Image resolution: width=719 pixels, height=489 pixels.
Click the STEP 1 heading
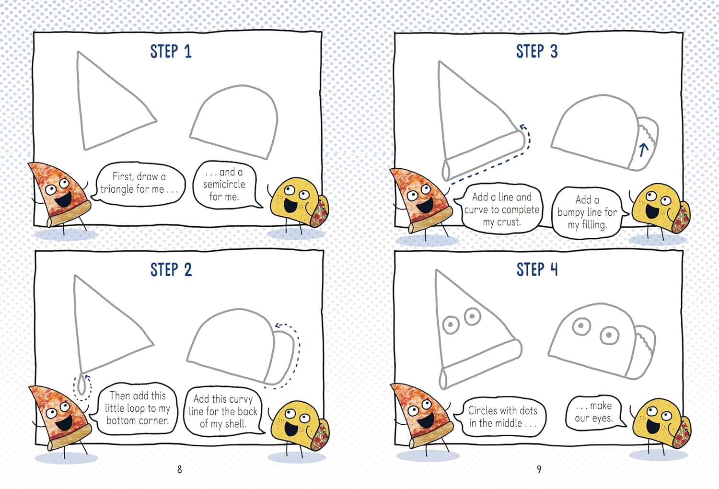click(x=171, y=51)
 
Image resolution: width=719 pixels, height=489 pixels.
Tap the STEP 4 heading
click(x=537, y=269)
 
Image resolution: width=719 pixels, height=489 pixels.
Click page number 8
click(x=179, y=469)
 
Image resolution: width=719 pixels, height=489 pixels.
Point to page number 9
click(x=539, y=469)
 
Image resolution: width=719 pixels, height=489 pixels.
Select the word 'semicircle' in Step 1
click(x=224, y=184)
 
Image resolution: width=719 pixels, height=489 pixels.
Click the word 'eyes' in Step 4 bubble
click(x=603, y=419)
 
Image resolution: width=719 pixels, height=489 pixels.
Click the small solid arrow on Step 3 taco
click(x=643, y=150)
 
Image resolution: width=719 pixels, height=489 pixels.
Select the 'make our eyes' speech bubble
click(x=595, y=413)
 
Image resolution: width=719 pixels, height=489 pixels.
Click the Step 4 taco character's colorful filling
click(x=681, y=434)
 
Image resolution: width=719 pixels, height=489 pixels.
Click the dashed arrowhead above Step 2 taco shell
click(x=278, y=326)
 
